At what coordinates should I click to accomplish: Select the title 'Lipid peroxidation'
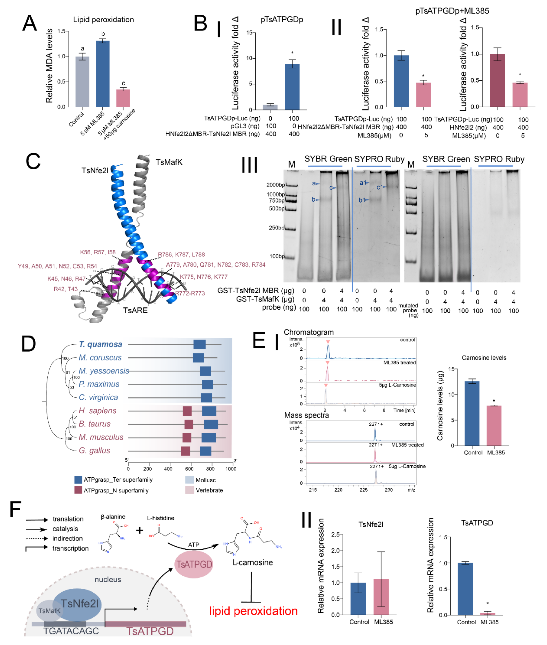coord(103,20)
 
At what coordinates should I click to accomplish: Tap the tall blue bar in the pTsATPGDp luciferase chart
coord(292,87)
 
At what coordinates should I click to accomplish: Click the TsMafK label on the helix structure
coord(169,162)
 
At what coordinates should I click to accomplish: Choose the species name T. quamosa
coord(100,344)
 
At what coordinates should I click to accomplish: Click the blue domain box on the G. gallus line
coord(206,451)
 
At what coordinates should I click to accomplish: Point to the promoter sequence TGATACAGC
coord(71,631)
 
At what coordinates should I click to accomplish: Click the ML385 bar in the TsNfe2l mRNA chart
coord(381,597)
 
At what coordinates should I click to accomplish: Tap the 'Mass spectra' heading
coord(306,415)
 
